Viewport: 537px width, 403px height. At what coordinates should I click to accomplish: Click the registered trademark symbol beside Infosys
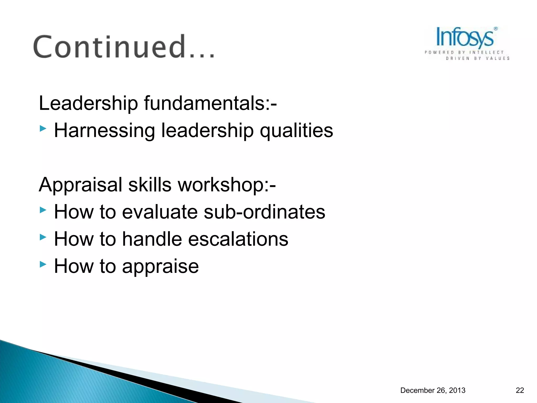[x=496, y=29]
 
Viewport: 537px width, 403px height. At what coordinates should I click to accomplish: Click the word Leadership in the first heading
[x=88, y=103]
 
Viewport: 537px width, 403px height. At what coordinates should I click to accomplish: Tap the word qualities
[x=296, y=130]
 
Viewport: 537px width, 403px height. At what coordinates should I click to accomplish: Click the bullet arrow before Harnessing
[x=43, y=129]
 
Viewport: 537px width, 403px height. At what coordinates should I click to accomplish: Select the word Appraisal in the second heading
[x=80, y=185]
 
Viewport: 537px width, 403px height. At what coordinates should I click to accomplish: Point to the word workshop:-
[x=227, y=185]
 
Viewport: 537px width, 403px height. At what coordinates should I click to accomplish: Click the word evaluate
[x=160, y=212]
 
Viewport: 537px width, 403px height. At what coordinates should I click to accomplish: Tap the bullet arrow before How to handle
[x=43, y=237]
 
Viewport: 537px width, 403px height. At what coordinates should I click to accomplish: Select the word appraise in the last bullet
[x=160, y=267]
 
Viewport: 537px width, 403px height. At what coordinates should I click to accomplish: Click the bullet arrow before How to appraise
[x=43, y=264]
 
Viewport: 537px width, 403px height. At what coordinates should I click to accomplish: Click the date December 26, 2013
[x=433, y=390]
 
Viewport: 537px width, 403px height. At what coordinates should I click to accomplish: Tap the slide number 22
[x=520, y=390]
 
